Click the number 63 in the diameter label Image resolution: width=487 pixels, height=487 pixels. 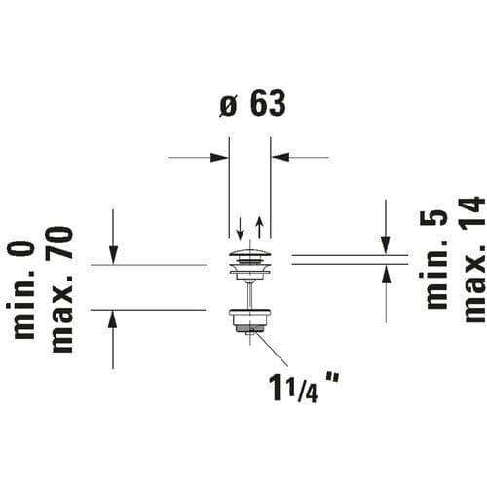[268, 103]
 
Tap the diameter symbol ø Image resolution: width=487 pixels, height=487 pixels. [228, 106]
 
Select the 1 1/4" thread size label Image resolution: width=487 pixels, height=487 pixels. [304, 387]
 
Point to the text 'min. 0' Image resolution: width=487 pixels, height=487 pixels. [20, 289]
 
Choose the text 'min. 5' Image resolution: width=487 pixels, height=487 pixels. [433, 259]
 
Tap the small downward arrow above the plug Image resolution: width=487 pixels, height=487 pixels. [240, 229]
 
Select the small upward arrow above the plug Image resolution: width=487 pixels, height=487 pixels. [259, 227]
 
